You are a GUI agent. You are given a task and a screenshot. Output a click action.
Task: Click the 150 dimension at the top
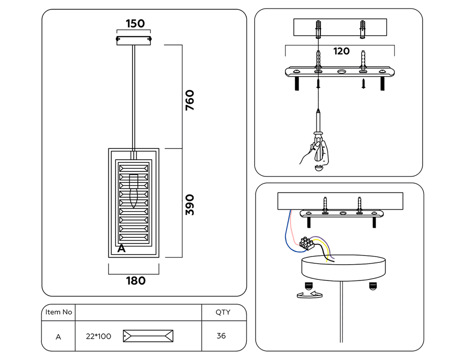coord(135,24)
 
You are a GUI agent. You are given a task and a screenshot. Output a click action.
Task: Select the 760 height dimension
coord(190,100)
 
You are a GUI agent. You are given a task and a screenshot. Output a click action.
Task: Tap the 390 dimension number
coord(190,205)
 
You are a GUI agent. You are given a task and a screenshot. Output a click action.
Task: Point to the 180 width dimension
coord(136,280)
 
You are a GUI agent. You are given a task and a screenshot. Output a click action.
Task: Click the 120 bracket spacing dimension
coord(341,51)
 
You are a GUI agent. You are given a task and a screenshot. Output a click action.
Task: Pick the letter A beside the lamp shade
coord(121,248)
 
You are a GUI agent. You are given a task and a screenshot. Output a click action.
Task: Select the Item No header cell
coord(58,312)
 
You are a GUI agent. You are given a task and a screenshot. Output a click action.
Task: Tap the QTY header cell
coord(223,312)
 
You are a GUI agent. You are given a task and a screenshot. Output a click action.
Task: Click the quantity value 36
coord(221,336)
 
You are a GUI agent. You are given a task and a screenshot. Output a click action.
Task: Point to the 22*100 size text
coord(98,336)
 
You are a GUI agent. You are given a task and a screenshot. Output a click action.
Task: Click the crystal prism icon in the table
coord(148,336)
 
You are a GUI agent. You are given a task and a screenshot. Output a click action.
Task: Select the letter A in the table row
coord(58,337)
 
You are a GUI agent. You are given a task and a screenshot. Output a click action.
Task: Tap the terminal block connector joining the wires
coord(306,243)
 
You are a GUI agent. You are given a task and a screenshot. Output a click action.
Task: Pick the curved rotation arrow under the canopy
coord(310,294)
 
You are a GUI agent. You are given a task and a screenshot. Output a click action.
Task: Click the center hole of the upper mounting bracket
coord(342,71)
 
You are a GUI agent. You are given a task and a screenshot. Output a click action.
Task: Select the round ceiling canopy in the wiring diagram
coord(344,268)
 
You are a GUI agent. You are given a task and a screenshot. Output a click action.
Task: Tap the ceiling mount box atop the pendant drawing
coord(133,41)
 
